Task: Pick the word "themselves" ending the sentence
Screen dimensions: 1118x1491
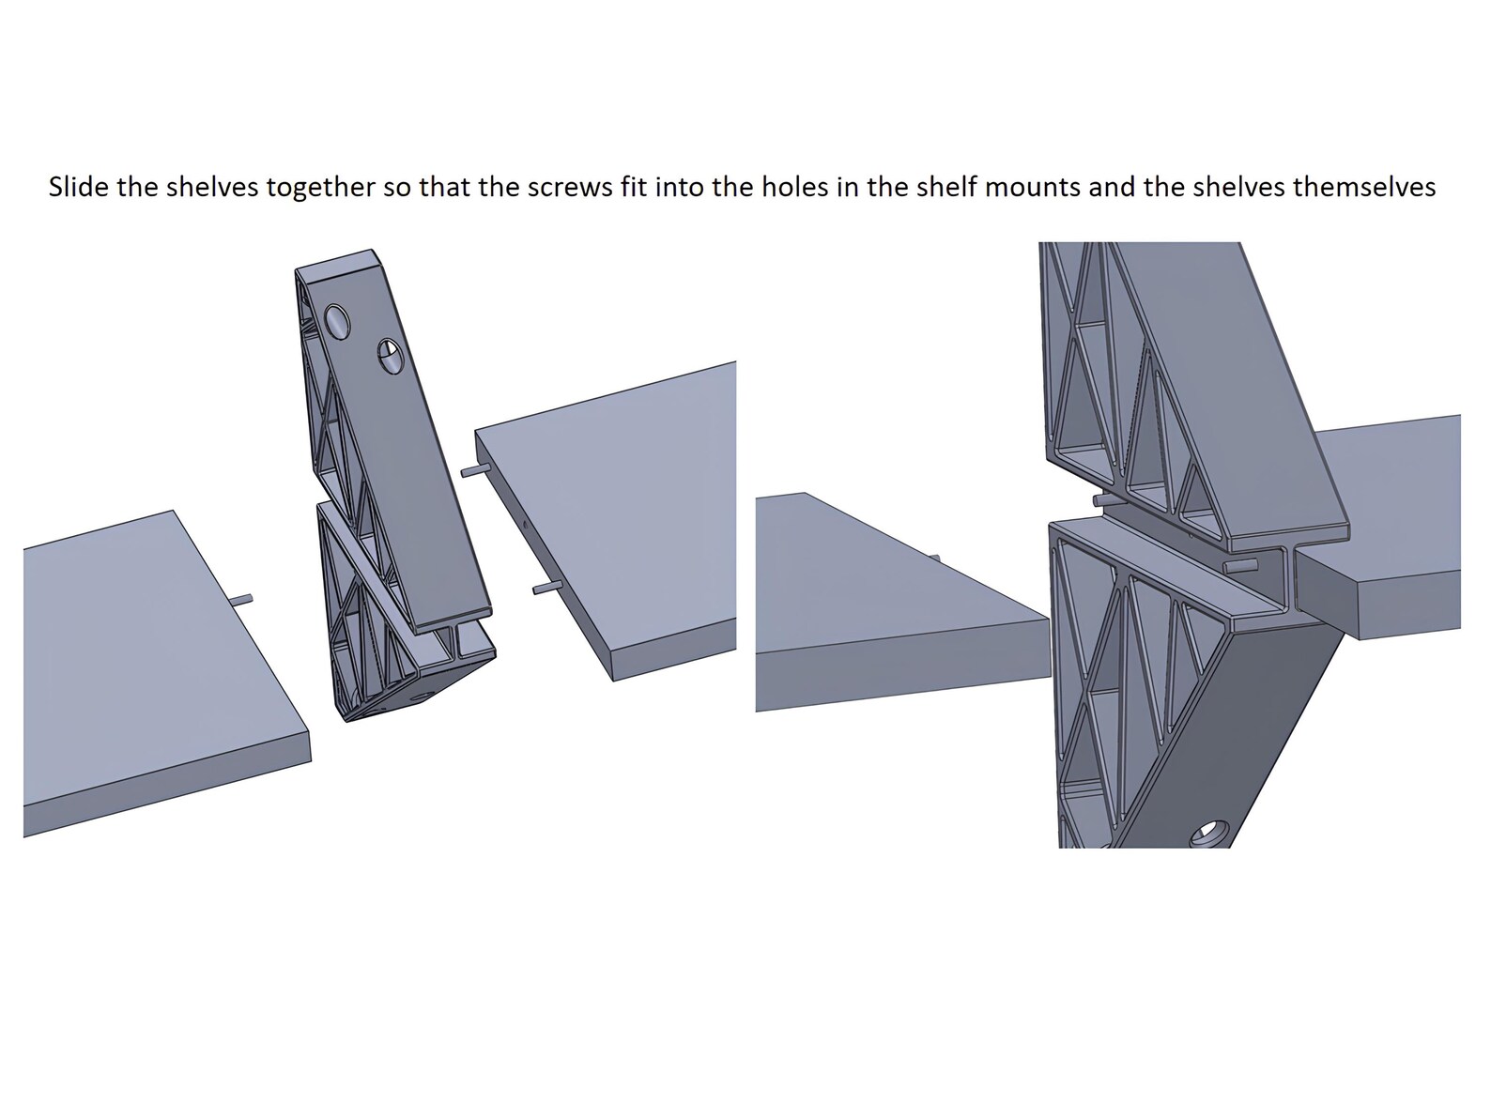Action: click(1363, 188)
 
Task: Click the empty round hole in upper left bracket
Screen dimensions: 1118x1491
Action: click(337, 325)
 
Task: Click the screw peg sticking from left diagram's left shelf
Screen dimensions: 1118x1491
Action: click(241, 598)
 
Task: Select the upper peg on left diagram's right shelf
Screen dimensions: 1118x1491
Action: click(471, 469)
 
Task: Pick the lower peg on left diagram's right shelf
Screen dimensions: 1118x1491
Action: click(545, 589)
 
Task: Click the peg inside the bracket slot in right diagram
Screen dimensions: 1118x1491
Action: click(1240, 565)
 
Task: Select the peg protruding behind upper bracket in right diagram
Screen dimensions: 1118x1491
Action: click(1099, 500)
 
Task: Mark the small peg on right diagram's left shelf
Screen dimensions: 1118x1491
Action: click(935, 559)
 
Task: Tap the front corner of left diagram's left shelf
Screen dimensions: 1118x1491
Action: click(309, 741)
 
